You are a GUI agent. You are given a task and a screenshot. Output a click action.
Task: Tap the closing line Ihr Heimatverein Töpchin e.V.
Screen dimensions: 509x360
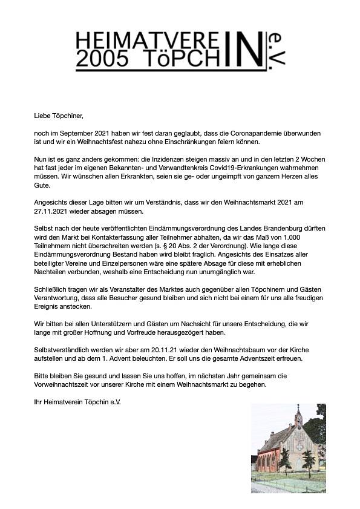pos(77,401)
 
